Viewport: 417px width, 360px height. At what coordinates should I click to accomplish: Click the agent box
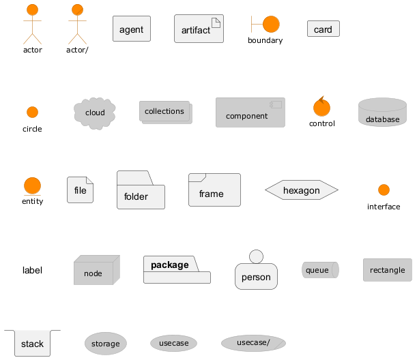click(131, 29)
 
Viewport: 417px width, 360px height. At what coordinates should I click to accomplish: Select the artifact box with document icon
click(199, 30)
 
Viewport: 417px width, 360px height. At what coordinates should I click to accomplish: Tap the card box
click(323, 29)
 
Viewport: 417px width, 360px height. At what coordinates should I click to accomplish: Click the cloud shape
click(95, 112)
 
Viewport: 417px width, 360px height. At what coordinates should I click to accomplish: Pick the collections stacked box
click(165, 112)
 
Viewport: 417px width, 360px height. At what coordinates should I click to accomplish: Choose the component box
click(250, 112)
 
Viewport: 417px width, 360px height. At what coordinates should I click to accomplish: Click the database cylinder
click(382, 113)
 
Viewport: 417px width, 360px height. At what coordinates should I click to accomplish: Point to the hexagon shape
click(301, 190)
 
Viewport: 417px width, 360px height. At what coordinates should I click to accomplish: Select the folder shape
click(141, 191)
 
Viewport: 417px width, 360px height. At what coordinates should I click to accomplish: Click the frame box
click(214, 190)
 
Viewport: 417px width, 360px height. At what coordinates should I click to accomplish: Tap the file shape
click(80, 190)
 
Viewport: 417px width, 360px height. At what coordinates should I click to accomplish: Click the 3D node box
click(96, 271)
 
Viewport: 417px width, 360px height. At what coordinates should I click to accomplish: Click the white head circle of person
click(257, 256)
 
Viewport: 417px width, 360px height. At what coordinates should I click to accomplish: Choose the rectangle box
click(387, 270)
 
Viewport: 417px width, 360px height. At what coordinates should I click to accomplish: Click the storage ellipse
click(105, 344)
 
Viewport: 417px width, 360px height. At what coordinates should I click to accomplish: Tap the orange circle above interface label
click(384, 190)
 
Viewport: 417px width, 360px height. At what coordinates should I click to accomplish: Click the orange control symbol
click(322, 108)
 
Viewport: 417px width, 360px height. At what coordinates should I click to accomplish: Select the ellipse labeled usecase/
click(253, 342)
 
